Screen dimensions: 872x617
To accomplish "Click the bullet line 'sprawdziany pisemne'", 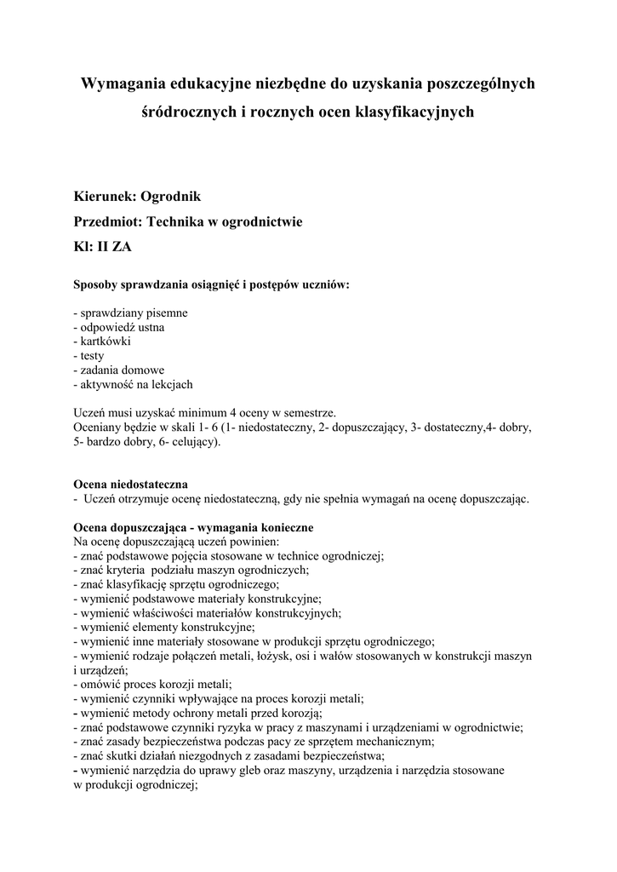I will [131, 313].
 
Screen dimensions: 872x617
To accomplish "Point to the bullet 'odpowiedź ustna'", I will [119, 327].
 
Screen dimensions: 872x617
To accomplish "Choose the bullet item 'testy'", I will [90, 356].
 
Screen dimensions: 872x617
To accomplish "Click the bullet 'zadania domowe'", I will [119, 370].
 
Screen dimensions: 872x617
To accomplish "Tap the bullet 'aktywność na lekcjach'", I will [134, 385].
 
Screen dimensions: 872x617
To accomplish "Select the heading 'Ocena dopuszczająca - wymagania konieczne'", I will [195, 528].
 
